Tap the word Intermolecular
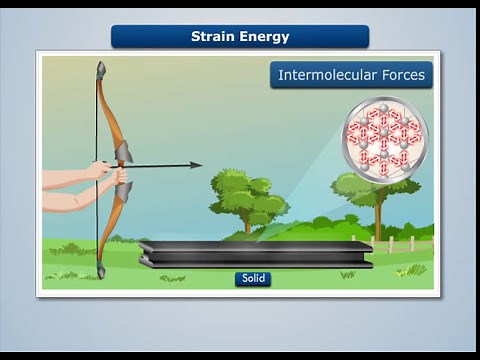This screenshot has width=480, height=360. tap(326, 75)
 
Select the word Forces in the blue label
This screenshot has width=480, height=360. tap(401, 75)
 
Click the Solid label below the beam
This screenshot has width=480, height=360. tap(254, 278)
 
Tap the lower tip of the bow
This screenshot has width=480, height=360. tap(100, 272)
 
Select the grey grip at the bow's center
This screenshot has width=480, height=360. tap(123, 153)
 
